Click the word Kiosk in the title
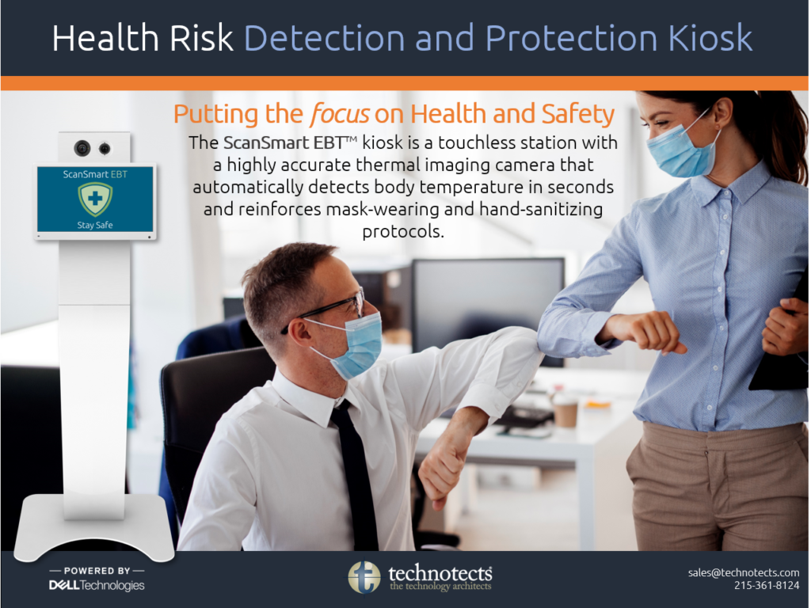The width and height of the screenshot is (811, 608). coord(710,38)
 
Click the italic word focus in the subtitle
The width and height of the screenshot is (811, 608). coord(339,114)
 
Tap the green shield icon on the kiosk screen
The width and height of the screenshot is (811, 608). coord(95,199)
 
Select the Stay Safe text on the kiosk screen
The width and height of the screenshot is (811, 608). coord(95,225)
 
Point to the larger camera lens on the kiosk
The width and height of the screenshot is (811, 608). coord(82,148)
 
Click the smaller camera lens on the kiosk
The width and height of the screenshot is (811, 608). coord(105,149)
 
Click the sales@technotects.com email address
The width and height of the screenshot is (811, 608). coord(743,572)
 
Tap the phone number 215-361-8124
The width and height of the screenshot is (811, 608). coord(767,585)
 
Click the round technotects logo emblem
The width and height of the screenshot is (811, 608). coord(364,577)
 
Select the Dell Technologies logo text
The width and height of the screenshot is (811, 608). coord(97,585)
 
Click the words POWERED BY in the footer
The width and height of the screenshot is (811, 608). coord(97,571)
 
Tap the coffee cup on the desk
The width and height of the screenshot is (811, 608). coord(565,412)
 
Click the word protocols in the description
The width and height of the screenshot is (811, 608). coord(403,231)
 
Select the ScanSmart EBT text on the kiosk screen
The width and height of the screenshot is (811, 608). coord(95,174)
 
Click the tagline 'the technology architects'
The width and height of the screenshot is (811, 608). coord(440,587)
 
